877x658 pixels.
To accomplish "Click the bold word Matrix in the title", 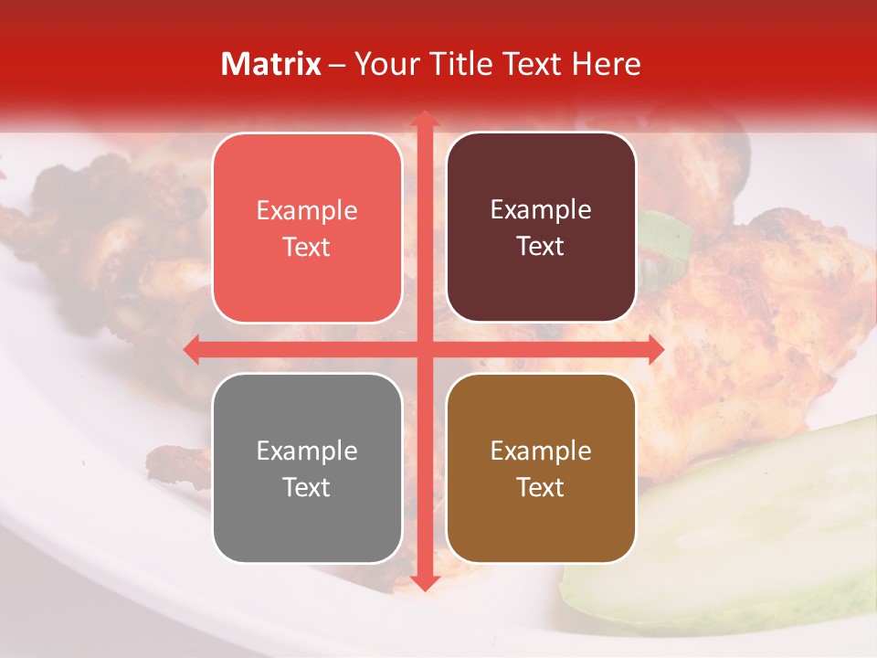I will coord(271,64).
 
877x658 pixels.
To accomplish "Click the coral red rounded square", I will coord(307,228).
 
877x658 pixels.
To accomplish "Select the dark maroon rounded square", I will coord(541,228).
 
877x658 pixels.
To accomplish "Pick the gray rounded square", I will coord(307,468).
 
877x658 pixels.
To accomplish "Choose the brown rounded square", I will coord(541,468).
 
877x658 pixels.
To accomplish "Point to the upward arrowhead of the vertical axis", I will coord(424,119).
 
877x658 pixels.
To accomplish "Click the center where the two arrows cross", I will coord(424,349).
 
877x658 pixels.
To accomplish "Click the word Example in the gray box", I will coord(307,451).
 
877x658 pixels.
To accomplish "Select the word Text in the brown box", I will coord(541,487).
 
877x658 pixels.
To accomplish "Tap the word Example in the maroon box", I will coord(541,210).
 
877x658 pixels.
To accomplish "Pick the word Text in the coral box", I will coord(307,247).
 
